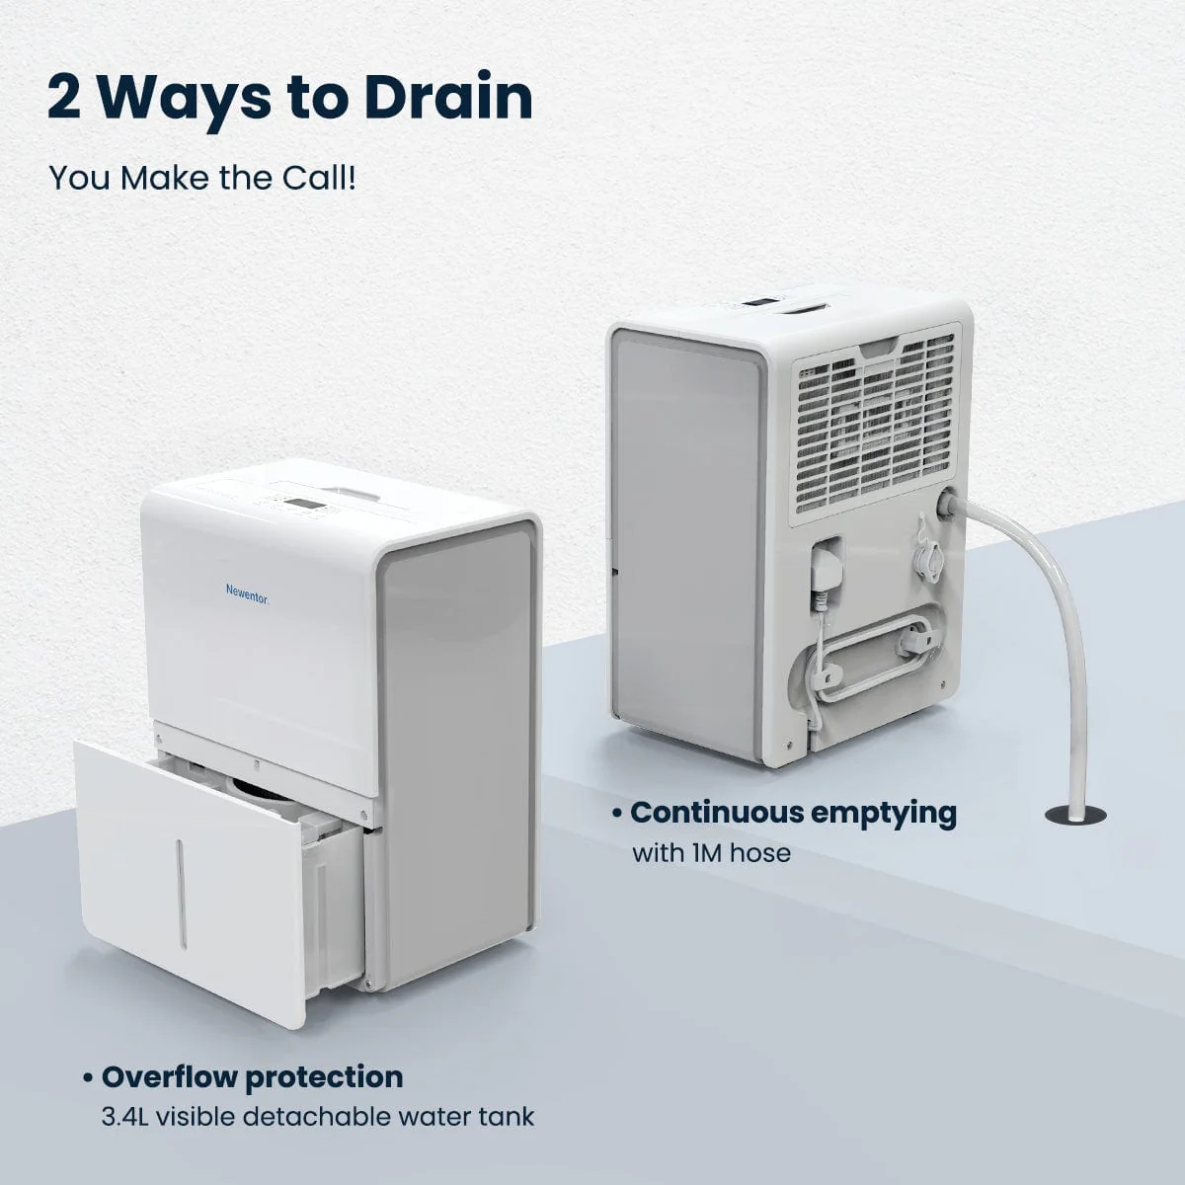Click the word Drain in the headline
[x=448, y=97]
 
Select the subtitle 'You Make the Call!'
[x=202, y=179]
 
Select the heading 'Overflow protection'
[x=252, y=1075]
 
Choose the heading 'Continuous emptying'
[x=793, y=812]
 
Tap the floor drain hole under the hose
[x=1075, y=815]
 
